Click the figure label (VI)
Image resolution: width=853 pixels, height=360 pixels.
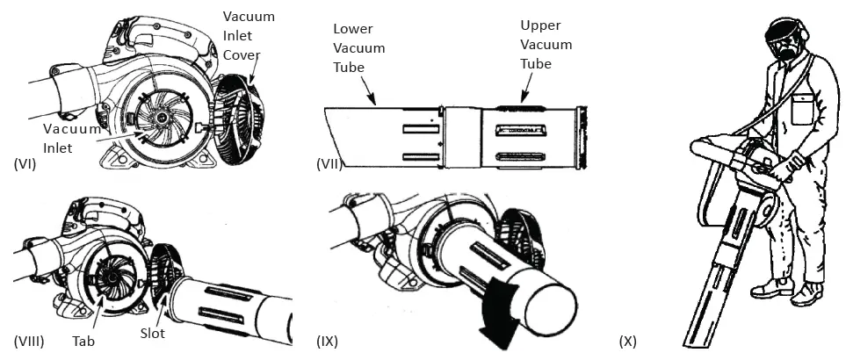click(x=25, y=163)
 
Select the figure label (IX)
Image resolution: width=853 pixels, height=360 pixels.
click(x=327, y=340)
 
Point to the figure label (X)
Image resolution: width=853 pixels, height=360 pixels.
click(x=627, y=340)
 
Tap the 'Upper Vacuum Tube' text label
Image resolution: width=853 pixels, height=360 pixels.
click(x=546, y=44)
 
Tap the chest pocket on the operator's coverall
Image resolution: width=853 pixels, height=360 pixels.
click(x=804, y=110)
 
